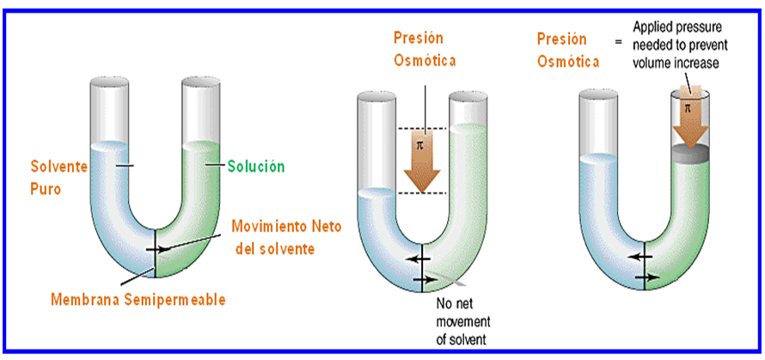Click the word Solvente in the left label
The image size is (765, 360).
coord(58,166)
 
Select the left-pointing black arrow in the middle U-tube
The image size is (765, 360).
coord(419,258)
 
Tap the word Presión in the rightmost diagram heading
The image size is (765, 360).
coord(562,39)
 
